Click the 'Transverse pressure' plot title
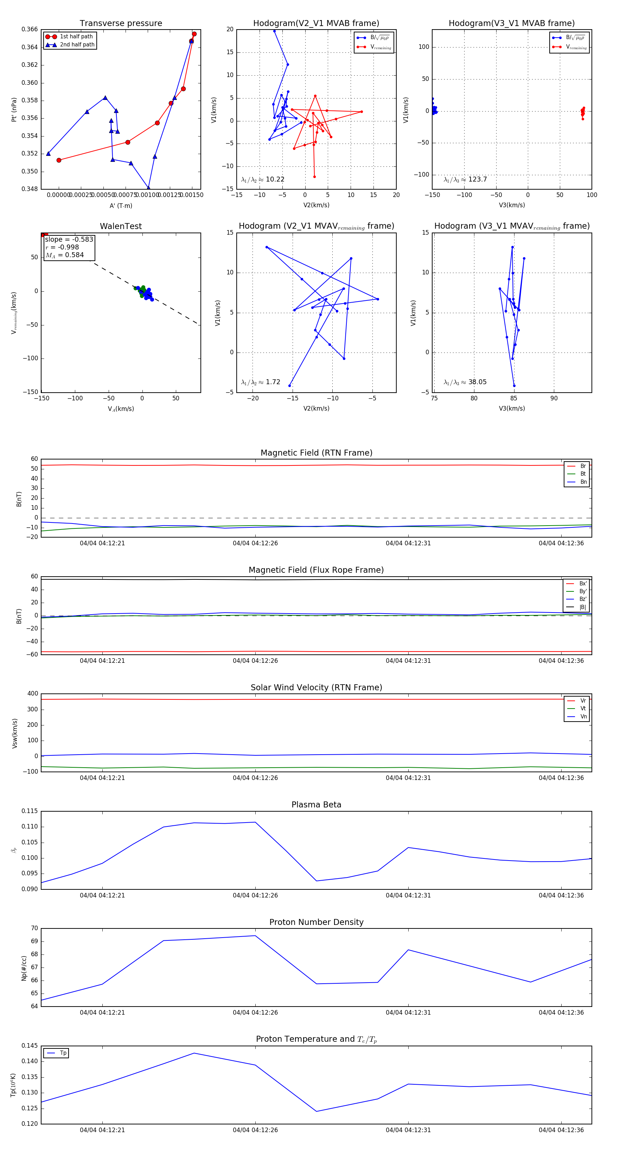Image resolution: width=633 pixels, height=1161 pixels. point(121,24)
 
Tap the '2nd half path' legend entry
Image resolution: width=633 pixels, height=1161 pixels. point(77,45)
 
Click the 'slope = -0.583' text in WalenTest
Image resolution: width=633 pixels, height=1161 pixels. point(69,239)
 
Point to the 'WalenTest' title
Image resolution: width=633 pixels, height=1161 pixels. point(121,226)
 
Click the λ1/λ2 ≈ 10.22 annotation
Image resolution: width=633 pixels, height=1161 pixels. point(263,179)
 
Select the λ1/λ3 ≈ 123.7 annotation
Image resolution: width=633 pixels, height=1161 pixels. point(465,179)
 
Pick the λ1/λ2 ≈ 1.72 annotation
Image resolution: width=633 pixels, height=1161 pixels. point(260,382)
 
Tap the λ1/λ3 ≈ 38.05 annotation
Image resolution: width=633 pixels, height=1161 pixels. point(465,382)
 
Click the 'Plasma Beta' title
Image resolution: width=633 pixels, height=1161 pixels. point(316,805)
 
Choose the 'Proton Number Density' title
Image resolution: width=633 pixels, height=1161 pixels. point(316,922)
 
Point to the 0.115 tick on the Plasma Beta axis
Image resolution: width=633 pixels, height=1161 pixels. point(30,811)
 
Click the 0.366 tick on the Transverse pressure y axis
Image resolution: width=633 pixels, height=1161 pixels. point(30,29)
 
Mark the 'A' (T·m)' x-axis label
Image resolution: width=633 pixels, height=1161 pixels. point(121,205)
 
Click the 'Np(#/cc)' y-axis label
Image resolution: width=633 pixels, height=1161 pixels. point(24,967)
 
